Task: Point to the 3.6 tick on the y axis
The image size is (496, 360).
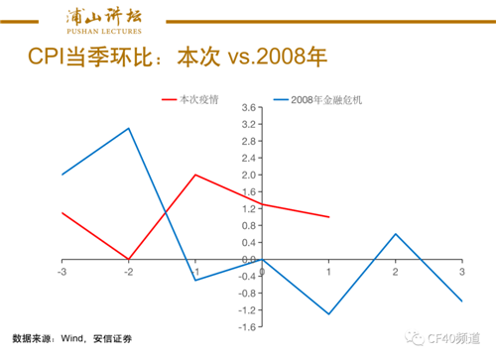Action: (250, 107)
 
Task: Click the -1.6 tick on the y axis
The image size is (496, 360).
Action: (248, 327)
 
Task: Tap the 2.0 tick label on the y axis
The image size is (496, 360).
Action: (250, 175)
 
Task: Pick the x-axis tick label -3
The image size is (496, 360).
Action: (62, 272)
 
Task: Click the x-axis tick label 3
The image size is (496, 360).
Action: (461, 272)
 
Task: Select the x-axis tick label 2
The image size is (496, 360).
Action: (395, 272)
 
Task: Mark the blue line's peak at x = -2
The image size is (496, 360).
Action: (129, 128)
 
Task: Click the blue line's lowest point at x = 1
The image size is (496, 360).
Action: (328, 314)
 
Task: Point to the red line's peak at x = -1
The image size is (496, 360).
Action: (195, 175)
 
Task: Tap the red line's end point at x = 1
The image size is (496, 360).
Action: (328, 217)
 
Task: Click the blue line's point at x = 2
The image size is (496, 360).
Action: (395, 234)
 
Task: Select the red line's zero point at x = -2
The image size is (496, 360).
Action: (129, 259)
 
